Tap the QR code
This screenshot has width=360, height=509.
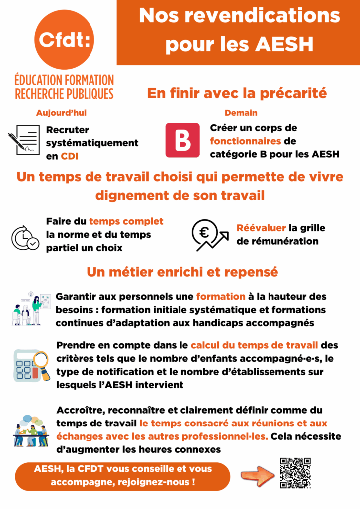(295, 473)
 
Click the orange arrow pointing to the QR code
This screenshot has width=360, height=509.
(258, 475)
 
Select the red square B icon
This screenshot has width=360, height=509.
(182, 140)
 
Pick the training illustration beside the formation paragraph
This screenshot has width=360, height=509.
(31, 308)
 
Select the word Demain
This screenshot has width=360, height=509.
(241, 113)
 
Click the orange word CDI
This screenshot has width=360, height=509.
(70, 156)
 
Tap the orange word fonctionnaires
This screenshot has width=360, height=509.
(246, 141)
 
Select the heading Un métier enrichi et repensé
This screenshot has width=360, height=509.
(182, 272)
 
